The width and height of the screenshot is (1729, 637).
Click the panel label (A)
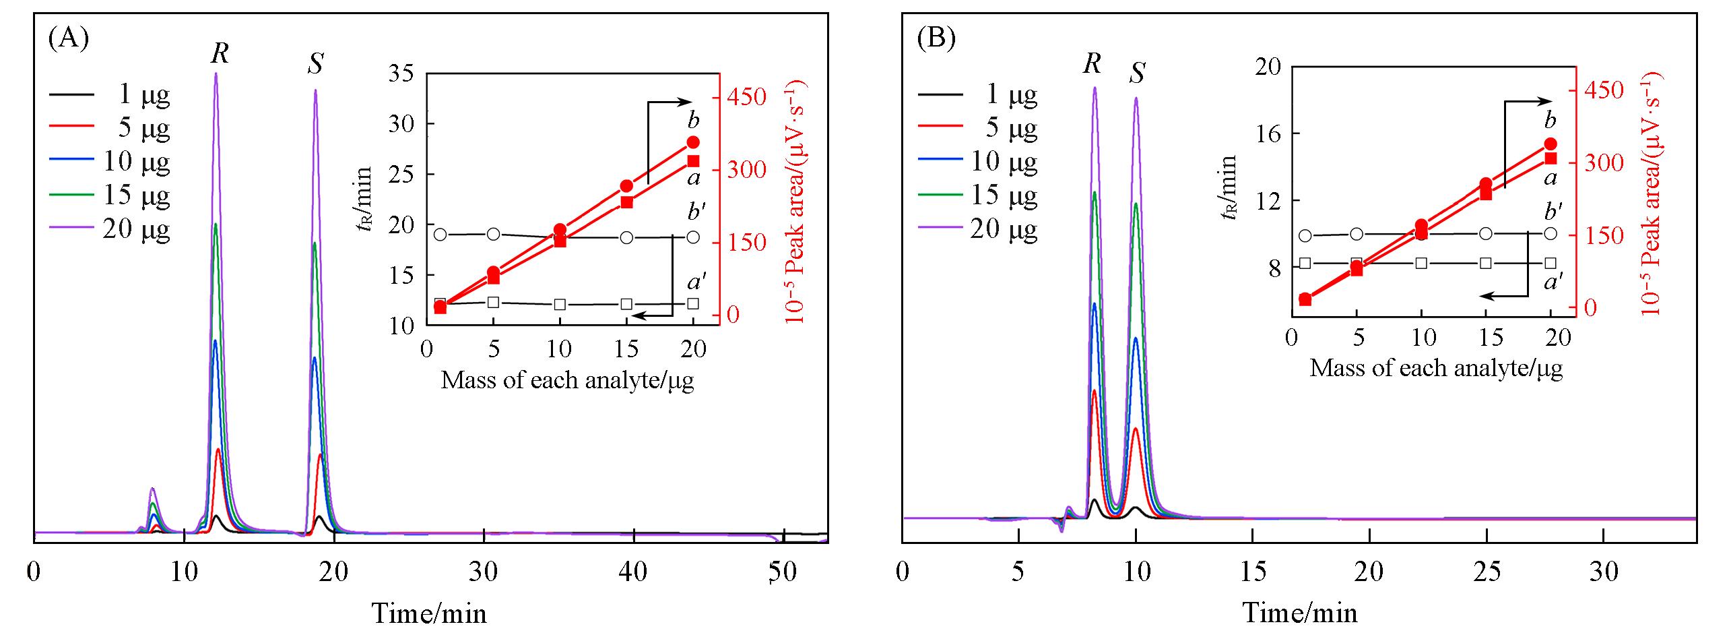68,40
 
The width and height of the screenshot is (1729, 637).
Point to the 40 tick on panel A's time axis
633,572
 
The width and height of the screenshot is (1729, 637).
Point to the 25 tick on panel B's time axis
1487,572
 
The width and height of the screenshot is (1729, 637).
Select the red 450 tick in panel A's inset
745,96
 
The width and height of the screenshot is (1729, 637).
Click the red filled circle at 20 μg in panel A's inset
693,142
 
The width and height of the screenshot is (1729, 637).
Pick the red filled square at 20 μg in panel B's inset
1551,158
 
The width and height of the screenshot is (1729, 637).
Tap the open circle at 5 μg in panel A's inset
493,234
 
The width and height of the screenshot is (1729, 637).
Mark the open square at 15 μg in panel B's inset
1486,263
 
